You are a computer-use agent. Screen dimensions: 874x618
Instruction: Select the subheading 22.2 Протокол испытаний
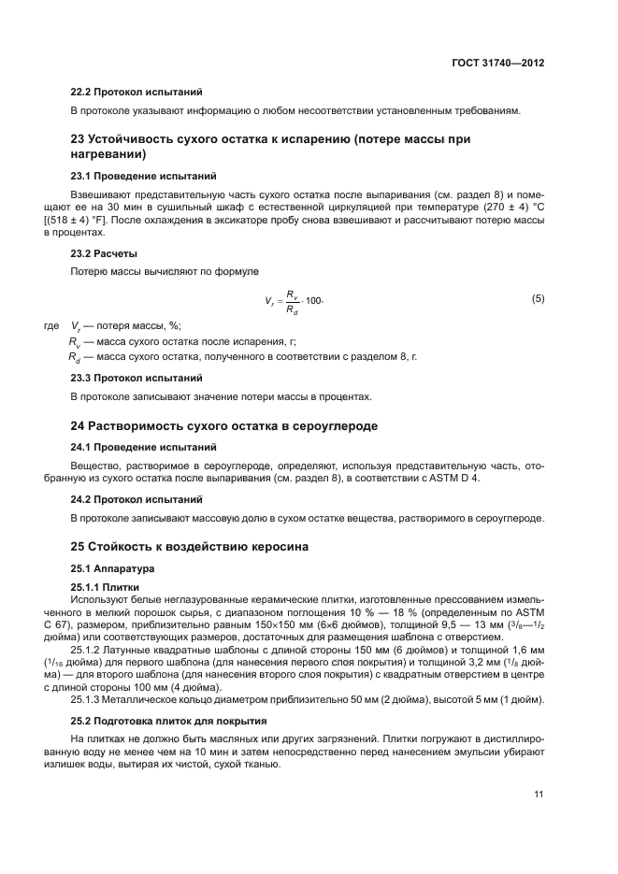pos(137,93)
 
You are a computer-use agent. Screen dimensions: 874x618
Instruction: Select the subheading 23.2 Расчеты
pos(105,253)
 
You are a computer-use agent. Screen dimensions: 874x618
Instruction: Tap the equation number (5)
pos(538,299)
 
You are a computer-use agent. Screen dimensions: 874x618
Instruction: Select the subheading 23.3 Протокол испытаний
pos(137,378)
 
